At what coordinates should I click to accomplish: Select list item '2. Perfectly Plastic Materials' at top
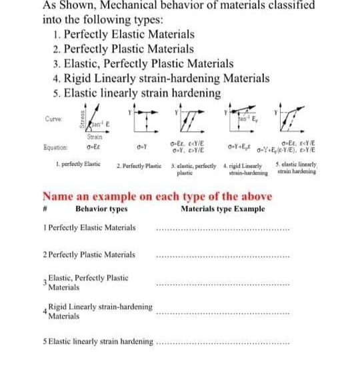(x=123, y=49)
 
